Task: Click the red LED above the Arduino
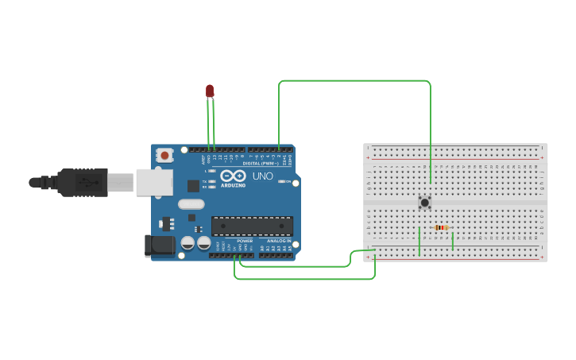coord(210,91)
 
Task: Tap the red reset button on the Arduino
coord(164,155)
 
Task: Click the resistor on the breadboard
coord(442,227)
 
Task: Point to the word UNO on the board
coord(262,176)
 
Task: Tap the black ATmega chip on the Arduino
coord(252,226)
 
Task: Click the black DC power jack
coord(159,246)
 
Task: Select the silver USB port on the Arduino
coord(154,182)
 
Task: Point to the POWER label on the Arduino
coord(244,240)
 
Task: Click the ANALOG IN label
coord(277,240)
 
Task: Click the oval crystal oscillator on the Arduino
coord(191,204)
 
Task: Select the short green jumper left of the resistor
coord(419,241)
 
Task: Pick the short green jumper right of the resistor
coord(453,239)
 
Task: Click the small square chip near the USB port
coord(193,186)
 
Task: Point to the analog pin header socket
coord(276,255)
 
